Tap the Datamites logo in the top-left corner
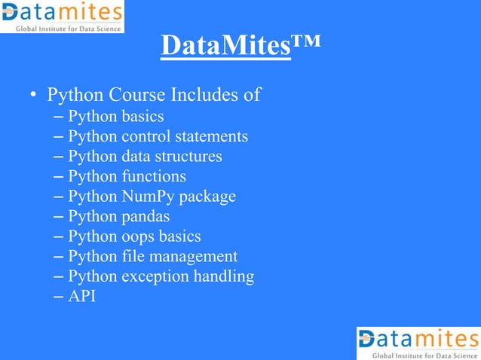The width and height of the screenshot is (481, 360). point(62,17)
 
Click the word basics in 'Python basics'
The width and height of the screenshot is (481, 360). point(142,117)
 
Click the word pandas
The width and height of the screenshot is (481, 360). point(146,217)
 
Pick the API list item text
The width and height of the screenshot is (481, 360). point(81,296)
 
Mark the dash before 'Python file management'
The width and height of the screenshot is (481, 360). point(60,257)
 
